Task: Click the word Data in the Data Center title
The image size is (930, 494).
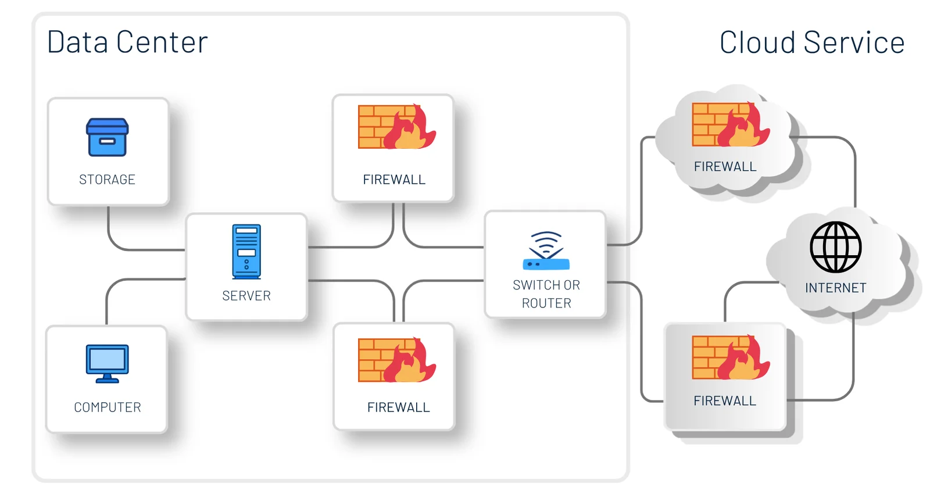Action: (77, 42)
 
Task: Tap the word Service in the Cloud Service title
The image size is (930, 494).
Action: (854, 43)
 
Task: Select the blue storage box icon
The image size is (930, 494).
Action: (108, 138)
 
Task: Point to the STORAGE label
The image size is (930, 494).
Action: (107, 180)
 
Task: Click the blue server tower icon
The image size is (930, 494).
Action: (246, 252)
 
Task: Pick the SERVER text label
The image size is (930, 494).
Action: (246, 296)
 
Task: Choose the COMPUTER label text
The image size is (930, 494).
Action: (108, 407)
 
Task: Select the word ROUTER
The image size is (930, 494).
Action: (546, 303)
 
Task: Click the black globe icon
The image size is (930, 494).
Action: (836, 247)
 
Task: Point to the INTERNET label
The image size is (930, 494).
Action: (836, 288)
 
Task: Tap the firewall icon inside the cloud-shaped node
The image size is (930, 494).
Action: (731, 124)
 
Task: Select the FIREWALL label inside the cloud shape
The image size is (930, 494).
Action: (725, 167)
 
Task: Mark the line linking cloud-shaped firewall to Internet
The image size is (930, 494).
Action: (854, 169)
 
